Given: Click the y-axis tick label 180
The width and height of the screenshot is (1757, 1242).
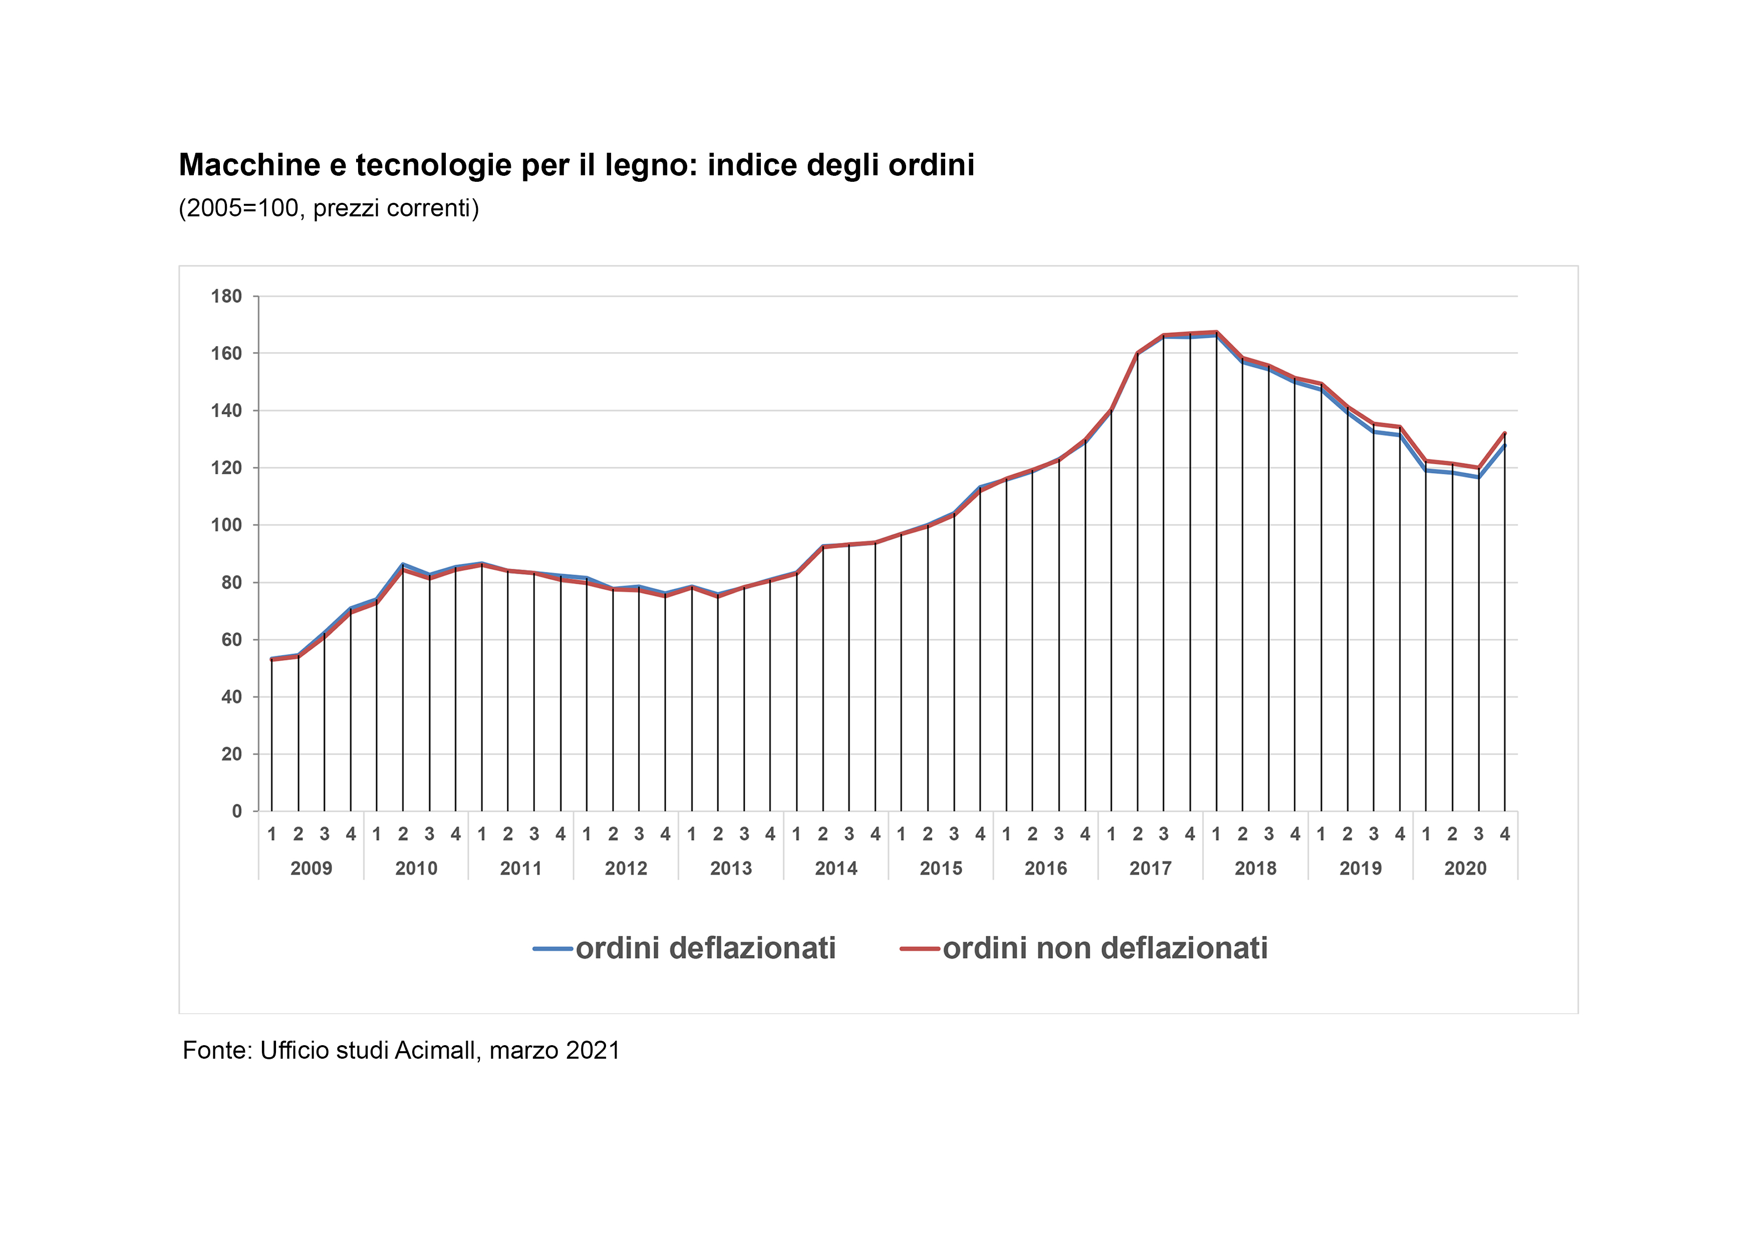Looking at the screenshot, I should click(226, 296).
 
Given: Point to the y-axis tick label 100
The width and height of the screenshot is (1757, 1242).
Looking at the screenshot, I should click(226, 525).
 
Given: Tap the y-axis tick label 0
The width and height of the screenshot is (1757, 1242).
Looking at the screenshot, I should click(236, 811).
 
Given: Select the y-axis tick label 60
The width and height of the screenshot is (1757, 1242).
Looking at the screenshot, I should click(231, 640).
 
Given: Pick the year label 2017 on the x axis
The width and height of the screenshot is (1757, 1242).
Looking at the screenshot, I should click(1150, 868).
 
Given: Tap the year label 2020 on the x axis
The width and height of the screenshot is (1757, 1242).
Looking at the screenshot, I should click(1465, 868).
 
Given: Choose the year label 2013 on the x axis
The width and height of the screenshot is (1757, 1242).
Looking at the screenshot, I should click(731, 868).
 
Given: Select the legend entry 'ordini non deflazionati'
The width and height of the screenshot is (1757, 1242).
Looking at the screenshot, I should click(1105, 948).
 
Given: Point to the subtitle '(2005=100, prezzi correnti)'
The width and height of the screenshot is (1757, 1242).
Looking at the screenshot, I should click(329, 208).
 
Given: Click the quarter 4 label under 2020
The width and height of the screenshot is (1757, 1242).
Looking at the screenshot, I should click(1505, 834).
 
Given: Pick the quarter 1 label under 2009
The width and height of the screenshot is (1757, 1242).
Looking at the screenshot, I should click(271, 834).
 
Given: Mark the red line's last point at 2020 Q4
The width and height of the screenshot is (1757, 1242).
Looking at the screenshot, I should click(1505, 433).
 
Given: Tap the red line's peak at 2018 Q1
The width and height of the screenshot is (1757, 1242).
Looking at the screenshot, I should click(1216, 332).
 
